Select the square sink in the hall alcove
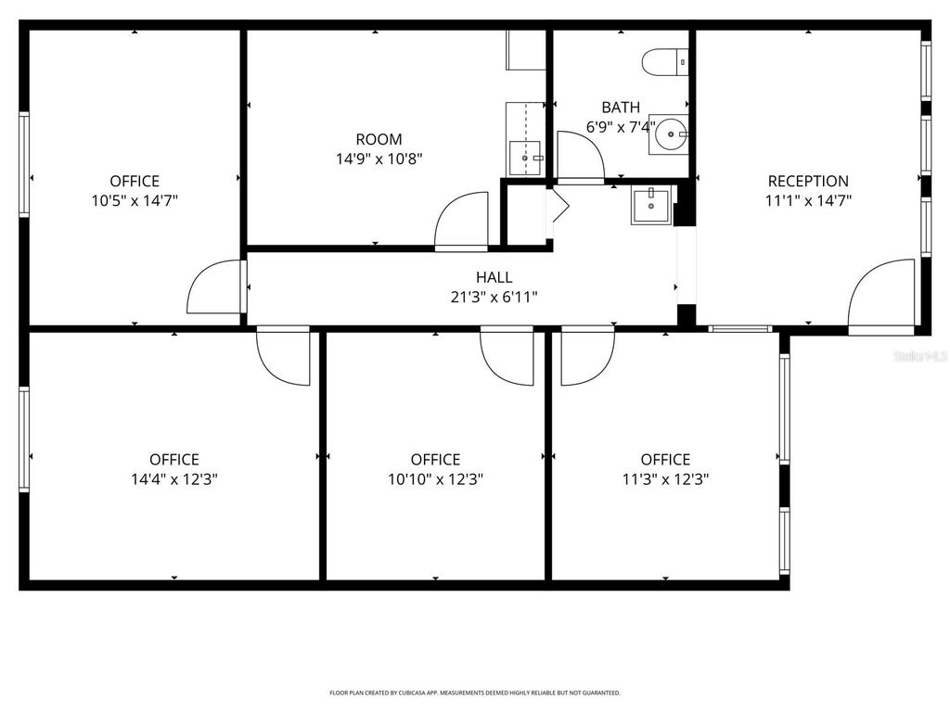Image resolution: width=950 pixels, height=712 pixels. coord(651,205)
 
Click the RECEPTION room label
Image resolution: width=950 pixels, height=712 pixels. coord(807,181)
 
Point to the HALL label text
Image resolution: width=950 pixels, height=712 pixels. coord(494,276)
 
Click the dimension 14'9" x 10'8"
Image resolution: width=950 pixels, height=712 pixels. coord(379,159)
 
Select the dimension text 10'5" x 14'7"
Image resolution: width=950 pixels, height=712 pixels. coord(135,200)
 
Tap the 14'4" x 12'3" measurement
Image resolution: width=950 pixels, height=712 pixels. coord(174,479)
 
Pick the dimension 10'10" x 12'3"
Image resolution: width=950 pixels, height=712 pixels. coord(435,479)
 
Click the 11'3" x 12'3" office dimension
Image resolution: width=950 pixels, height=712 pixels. coord(665,479)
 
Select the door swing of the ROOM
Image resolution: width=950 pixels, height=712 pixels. coord(461,222)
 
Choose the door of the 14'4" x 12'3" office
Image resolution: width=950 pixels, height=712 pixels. coord(283,356)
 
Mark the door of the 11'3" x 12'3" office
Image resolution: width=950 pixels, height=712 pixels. coord(587,356)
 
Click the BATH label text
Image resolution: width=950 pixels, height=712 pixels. coord(620,107)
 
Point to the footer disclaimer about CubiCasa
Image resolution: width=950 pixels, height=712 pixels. coord(475,693)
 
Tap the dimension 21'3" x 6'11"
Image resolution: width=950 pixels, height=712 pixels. coord(494,297)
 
